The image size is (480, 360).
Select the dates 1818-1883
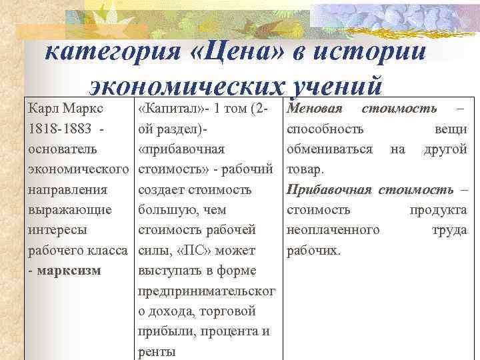[x=57, y=129]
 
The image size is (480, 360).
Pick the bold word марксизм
[x=69, y=271]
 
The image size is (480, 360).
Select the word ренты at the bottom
[x=156, y=351]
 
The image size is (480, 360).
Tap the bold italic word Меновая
[x=314, y=109]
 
